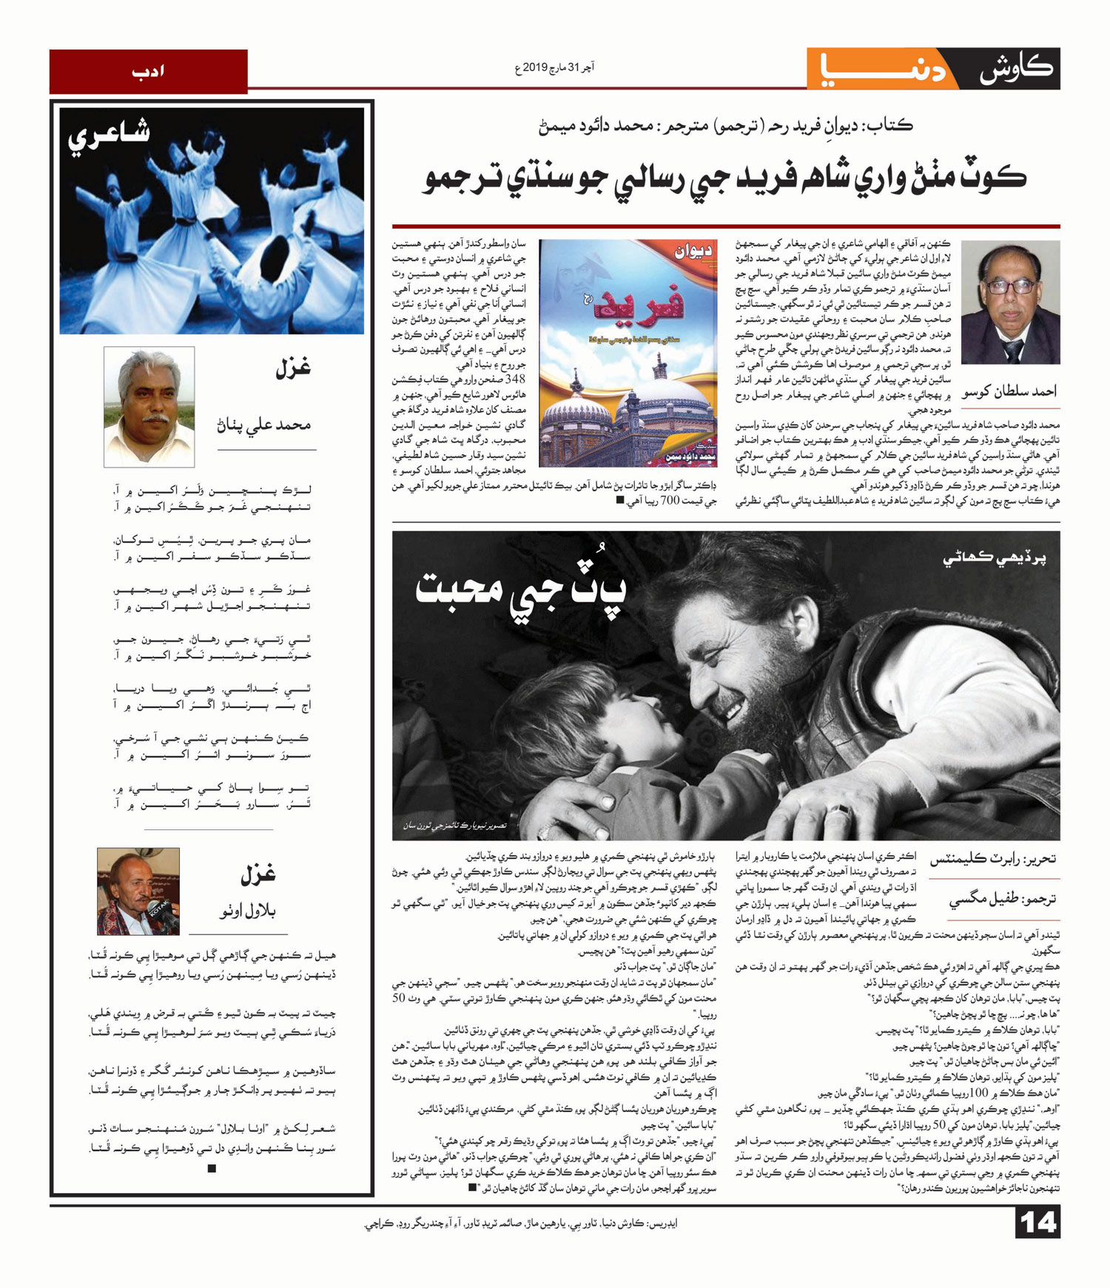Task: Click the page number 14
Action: coord(1037,1222)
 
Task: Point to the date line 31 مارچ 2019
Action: coord(555,68)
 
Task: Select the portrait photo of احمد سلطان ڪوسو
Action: coord(1011,303)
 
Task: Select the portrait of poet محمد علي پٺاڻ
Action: coord(149,406)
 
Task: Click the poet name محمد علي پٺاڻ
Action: coord(263,425)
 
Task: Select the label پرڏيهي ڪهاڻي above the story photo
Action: coord(995,559)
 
